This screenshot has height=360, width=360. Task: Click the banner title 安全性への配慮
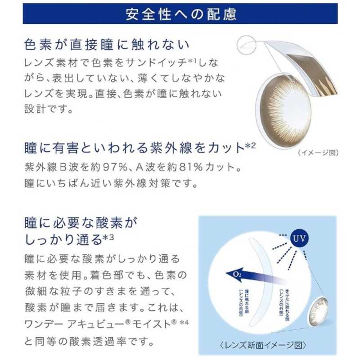point(180,14)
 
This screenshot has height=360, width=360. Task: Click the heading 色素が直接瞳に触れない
point(106,45)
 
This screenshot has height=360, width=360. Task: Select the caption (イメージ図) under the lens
point(318,153)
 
